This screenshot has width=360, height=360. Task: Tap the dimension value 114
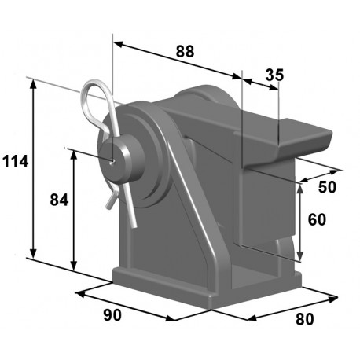point(15,163)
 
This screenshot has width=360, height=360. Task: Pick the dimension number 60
point(318,219)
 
